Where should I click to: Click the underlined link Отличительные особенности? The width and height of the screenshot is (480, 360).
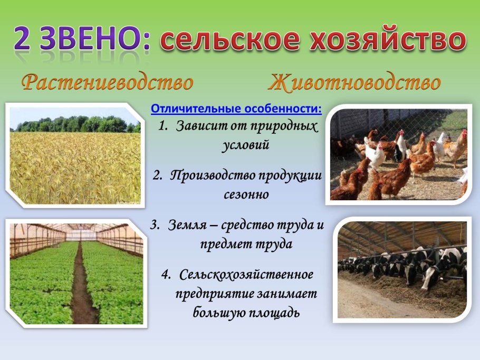point(236,109)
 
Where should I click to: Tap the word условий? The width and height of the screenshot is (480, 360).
point(245,144)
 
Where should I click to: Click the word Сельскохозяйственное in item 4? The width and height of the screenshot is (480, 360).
point(246,275)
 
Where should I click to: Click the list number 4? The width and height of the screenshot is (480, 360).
point(166,275)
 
